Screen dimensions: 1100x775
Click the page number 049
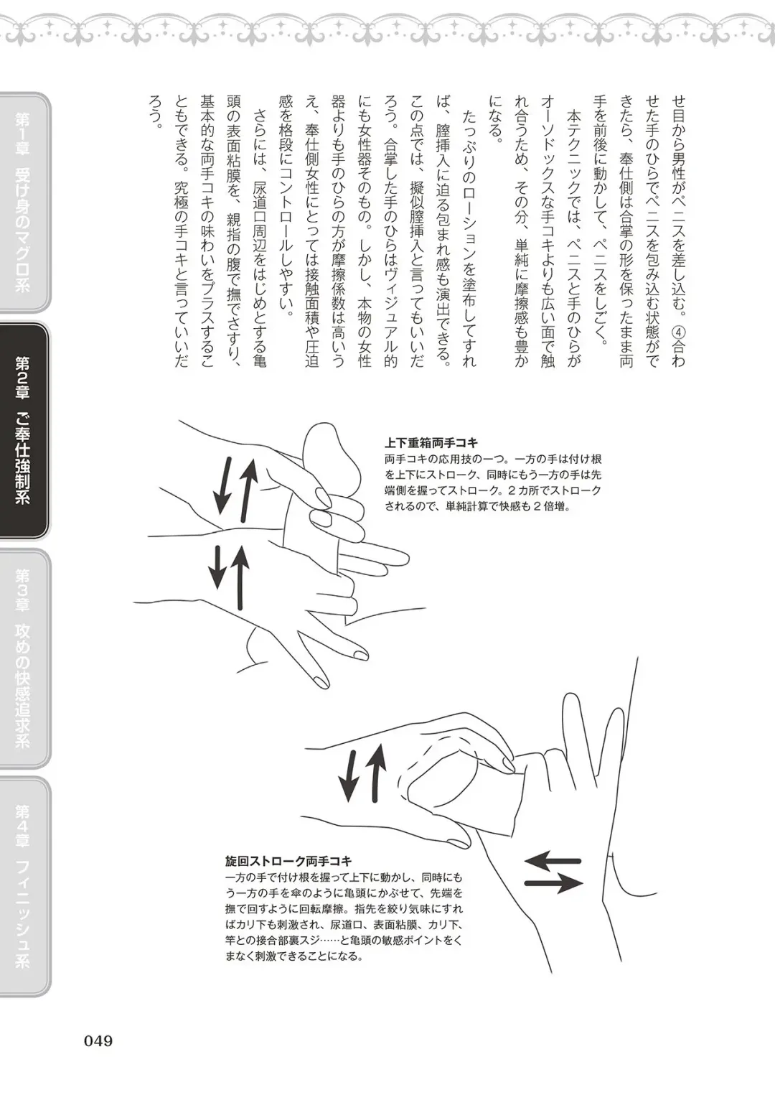(98, 1040)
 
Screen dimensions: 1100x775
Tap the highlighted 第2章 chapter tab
(23, 431)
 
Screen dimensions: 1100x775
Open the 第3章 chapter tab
(23, 657)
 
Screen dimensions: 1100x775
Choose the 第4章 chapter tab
(23, 886)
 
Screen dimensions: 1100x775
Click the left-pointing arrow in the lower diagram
(553, 859)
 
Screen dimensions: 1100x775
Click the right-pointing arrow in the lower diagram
(553, 884)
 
